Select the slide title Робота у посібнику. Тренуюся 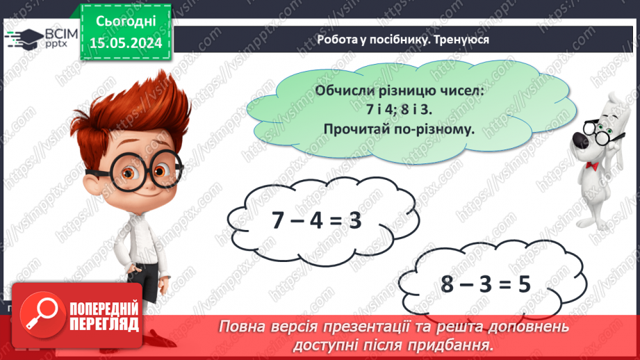[402, 40]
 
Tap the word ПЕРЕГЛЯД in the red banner [105, 324]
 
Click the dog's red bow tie [592, 165]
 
